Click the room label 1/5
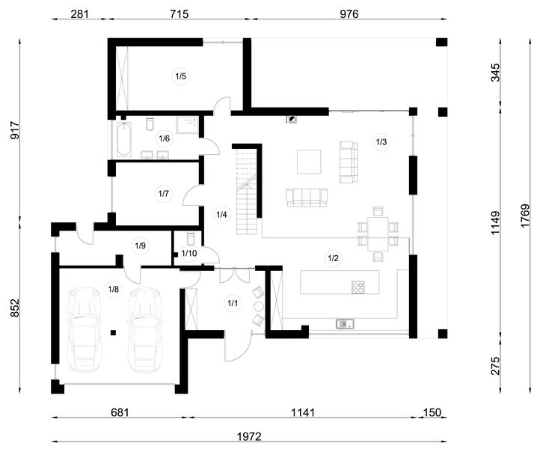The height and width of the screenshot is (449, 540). [x=180, y=76]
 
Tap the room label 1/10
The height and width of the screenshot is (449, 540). [x=189, y=254]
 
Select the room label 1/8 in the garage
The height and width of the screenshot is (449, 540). [x=113, y=289]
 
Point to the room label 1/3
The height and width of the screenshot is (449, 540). [x=381, y=141]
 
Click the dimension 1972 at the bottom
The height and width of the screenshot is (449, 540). [x=249, y=436]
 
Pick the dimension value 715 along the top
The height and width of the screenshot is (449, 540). [x=179, y=14]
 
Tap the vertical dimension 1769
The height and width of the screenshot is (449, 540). [x=524, y=216]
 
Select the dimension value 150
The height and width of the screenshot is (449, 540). [x=432, y=412]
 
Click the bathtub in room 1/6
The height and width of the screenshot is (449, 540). [x=123, y=139]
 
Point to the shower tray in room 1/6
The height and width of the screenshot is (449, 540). [x=188, y=126]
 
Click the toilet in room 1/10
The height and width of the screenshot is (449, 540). [x=190, y=239]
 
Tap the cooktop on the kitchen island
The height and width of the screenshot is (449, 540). [x=358, y=287]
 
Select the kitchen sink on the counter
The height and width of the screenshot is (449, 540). [x=345, y=324]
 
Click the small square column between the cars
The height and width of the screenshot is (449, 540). [x=113, y=332]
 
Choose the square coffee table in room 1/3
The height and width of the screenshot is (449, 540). [x=309, y=162]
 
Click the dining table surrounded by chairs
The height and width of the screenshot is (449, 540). [x=378, y=234]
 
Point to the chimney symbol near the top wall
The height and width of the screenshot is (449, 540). [x=292, y=120]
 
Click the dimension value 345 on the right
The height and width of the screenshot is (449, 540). [x=495, y=72]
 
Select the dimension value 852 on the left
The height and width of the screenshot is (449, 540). [x=15, y=308]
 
